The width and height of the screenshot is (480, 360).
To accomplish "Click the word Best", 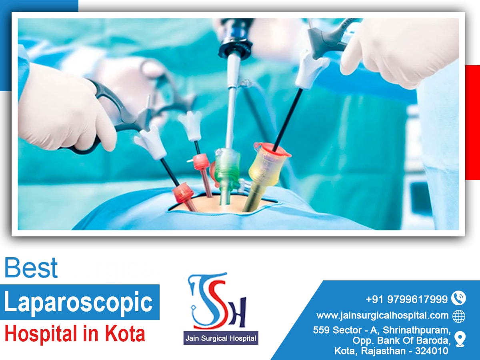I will coord(31,268).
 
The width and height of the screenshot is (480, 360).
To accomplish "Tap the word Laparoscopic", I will coord(78,302).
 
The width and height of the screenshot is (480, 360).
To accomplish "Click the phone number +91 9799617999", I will coord(406,299).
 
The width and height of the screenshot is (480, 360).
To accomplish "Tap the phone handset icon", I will coord(458,298).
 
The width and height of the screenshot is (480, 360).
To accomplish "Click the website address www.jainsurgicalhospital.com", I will coord(382,316).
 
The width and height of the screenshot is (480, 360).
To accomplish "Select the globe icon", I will coord(459,316).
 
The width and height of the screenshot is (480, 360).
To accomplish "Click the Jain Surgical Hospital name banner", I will coord(220,338).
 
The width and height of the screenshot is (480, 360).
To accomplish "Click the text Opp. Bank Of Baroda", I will coord(402,341).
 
